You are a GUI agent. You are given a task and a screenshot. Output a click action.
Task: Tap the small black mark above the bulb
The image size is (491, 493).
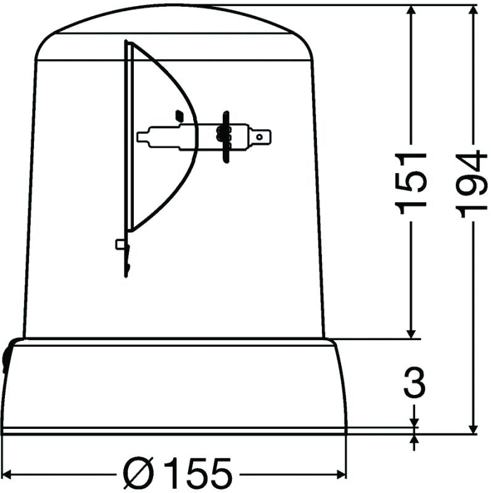pyautogui.click(x=179, y=115)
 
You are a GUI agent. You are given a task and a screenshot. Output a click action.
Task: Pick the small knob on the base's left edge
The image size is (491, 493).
pyautogui.click(x=6, y=357)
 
